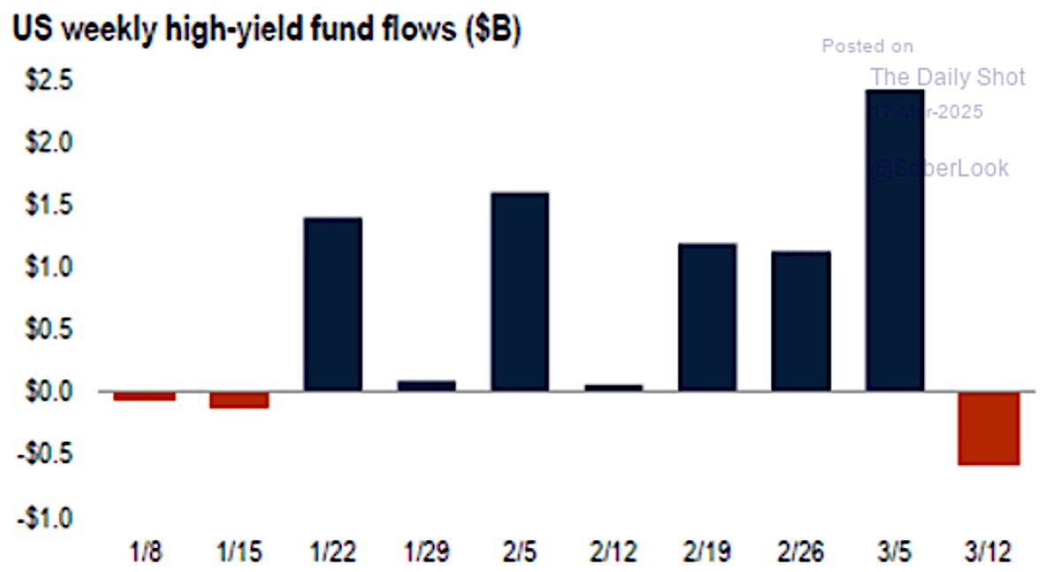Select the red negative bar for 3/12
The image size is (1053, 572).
point(989,428)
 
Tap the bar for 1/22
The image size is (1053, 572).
point(332,304)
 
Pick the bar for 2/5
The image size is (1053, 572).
point(519,292)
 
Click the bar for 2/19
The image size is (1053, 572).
point(707,317)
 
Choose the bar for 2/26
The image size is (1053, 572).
point(800,321)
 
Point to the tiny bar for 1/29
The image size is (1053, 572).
point(427,385)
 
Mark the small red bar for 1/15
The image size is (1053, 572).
point(239,400)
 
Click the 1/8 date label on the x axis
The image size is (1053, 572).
point(144,553)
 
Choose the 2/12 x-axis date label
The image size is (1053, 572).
point(613,553)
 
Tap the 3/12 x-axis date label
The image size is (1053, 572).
point(989,553)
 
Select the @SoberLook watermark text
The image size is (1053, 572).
point(938,168)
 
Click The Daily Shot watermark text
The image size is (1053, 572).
point(948,77)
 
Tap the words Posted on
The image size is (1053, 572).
point(867,46)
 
